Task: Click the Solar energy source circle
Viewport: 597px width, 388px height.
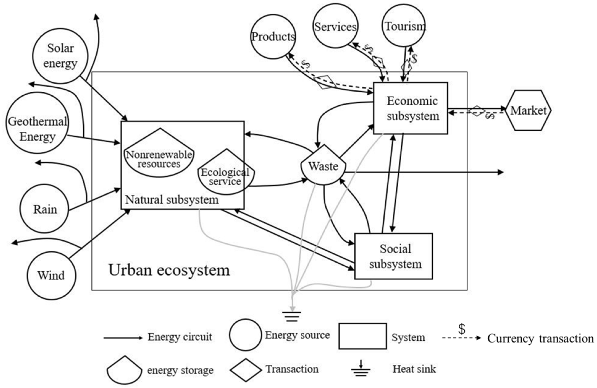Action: tap(60, 56)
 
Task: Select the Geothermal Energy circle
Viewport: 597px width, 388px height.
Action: tap(37, 123)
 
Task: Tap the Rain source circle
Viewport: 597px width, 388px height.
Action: tap(45, 209)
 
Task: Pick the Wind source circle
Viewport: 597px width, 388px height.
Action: tap(51, 275)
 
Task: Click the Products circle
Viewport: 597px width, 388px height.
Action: tap(273, 37)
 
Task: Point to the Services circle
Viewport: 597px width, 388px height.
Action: tap(335, 26)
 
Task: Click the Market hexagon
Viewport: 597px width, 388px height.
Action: tap(528, 110)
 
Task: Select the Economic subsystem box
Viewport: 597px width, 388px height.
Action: tap(411, 108)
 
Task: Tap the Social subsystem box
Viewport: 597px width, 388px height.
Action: tap(393, 256)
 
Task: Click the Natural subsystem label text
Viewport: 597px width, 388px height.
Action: tap(172, 200)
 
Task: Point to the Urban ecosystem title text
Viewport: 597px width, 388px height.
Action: tap(169, 270)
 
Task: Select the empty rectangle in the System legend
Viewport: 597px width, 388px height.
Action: tap(362, 336)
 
